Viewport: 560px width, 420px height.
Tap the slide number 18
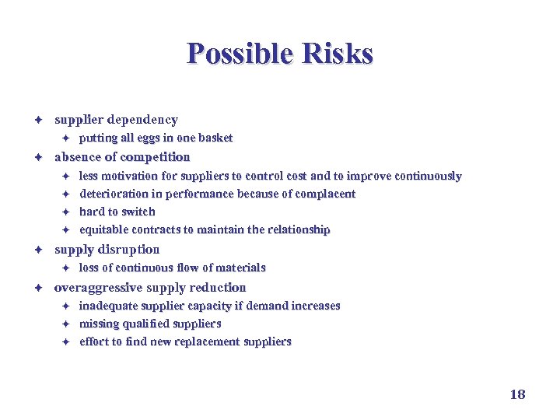(x=517, y=394)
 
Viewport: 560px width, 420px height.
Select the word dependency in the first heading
(x=142, y=120)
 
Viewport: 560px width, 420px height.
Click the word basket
(x=215, y=138)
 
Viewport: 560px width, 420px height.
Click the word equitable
(x=104, y=229)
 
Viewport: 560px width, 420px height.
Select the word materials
(x=241, y=268)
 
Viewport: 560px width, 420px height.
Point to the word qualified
(x=147, y=324)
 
